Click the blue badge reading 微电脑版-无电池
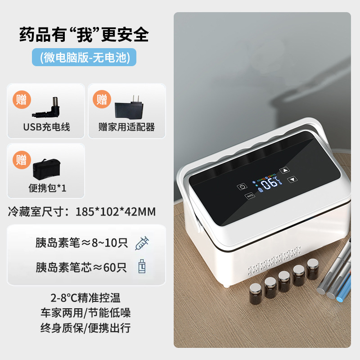click(x=84, y=57)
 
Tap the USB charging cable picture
click(x=52, y=106)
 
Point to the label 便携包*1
click(x=47, y=188)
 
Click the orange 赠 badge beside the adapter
click(x=102, y=99)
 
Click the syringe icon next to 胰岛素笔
click(x=142, y=243)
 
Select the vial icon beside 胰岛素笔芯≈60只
click(x=142, y=267)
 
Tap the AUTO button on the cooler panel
click(x=250, y=196)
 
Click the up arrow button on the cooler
click(x=284, y=171)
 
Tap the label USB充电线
click(x=47, y=127)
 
